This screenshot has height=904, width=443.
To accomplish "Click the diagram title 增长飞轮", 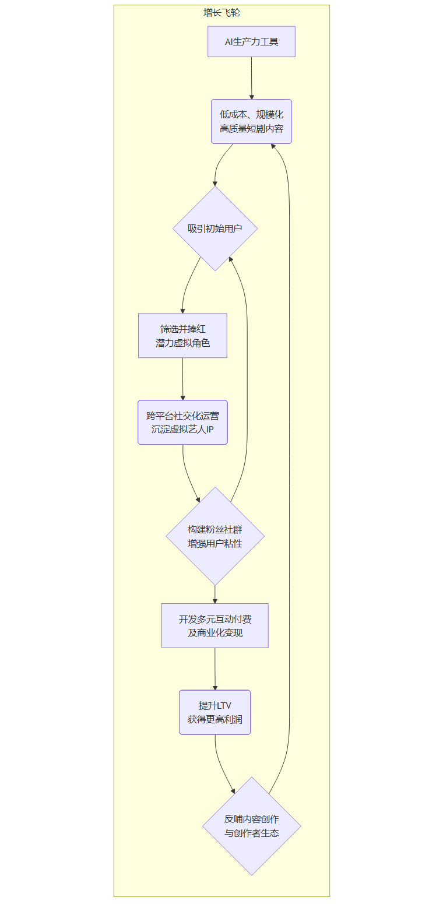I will pyautogui.click(x=221, y=12).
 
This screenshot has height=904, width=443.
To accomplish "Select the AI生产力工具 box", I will pyautogui.click(x=251, y=41).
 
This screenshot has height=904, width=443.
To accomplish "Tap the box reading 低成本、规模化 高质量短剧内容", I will pyautogui.click(x=251, y=121).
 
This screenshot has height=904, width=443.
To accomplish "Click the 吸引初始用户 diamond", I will pyautogui.click(x=215, y=228).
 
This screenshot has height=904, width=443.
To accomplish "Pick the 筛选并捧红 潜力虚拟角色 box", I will pyautogui.click(x=182, y=336).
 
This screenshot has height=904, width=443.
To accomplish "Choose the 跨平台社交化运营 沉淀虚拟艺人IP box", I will pyautogui.click(x=182, y=423).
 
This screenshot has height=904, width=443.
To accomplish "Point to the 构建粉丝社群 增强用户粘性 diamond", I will pyautogui.click(x=215, y=536).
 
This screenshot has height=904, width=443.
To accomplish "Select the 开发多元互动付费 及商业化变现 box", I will pyautogui.click(x=215, y=625).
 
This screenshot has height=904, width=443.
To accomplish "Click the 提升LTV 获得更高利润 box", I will pyautogui.click(x=215, y=712).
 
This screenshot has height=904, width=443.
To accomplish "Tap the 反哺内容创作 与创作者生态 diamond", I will pyautogui.click(x=252, y=826).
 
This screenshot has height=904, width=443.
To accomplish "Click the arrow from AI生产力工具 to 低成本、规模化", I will pyautogui.click(x=252, y=78).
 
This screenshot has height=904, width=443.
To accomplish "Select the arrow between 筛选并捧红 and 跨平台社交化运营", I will pyautogui.click(x=182, y=379).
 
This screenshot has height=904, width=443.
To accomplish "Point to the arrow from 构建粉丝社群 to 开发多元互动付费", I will pyautogui.click(x=215, y=594).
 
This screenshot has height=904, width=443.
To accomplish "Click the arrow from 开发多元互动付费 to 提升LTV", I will pyautogui.click(x=215, y=669).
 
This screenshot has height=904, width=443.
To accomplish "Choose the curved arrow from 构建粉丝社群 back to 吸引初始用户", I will pyautogui.click(x=247, y=379).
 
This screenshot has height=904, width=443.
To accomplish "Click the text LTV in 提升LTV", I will pyautogui.click(x=224, y=706).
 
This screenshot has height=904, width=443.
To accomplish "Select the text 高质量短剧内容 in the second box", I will pyautogui.click(x=251, y=128).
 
